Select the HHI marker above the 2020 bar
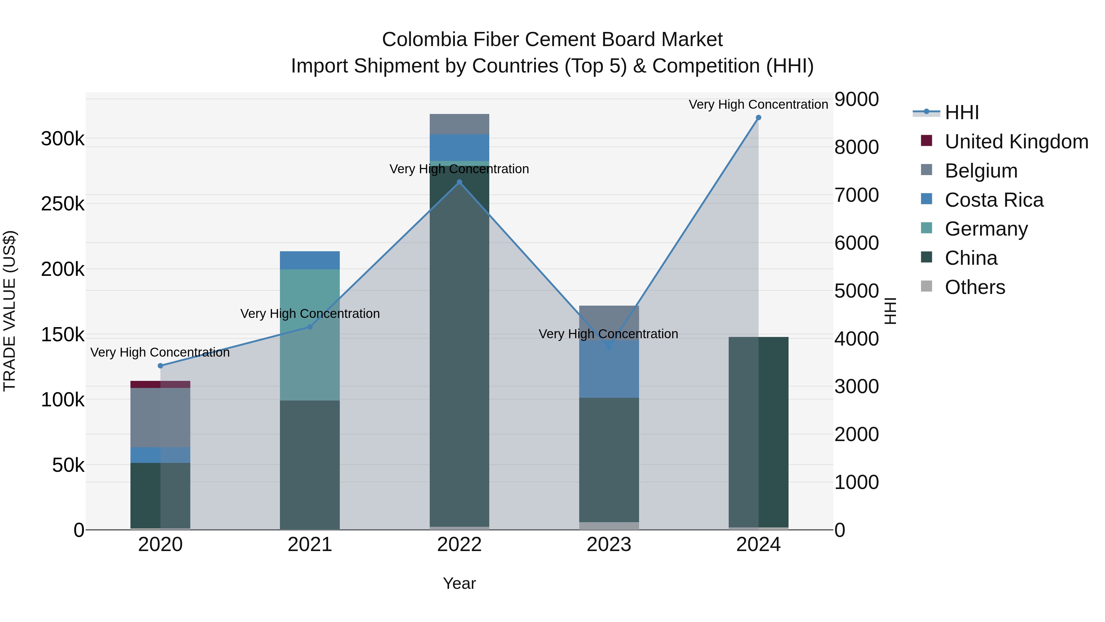click(x=161, y=366)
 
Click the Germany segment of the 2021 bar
click(x=310, y=335)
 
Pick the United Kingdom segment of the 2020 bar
click(x=161, y=384)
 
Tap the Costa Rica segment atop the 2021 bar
click(x=310, y=260)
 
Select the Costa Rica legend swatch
click(x=927, y=199)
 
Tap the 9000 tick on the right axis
click(x=856, y=99)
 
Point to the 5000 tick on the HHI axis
click(x=856, y=291)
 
